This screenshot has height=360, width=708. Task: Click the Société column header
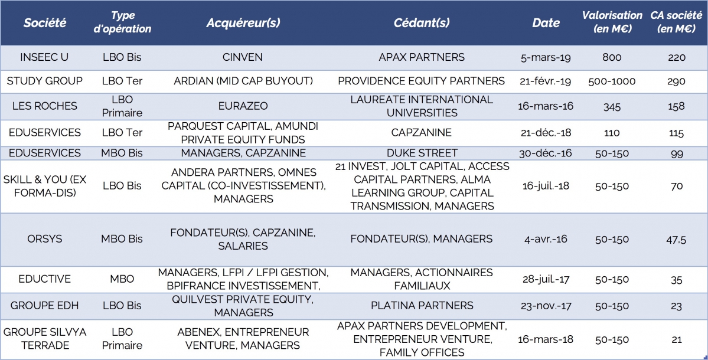click(45, 23)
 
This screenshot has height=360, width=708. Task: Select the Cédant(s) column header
click(421, 23)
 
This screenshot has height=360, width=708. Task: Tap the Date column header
click(546, 23)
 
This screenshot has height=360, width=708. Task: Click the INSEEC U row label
click(44, 57)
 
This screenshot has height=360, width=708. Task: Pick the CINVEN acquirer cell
click(243, 57)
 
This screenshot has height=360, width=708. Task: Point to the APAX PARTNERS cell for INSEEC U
click(421, 57)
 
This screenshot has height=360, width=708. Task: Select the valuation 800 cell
click(612, 57)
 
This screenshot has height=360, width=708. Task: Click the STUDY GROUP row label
click(44, 81)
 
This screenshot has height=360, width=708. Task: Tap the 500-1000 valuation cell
click(612, 81)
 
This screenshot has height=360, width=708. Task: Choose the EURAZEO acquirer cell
click(243, 106)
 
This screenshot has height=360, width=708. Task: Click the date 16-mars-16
click(546, 106)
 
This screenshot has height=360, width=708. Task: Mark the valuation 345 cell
click(612, 106)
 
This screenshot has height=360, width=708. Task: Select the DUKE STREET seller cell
click(421, 153)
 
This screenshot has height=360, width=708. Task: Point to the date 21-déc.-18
click(546, 133)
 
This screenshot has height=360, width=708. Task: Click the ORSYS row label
click(44, 240)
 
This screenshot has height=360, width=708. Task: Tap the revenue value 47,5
click(677, 240)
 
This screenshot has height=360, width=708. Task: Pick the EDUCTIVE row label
click(44, 279)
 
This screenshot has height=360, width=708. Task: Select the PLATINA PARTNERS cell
click(421, 306)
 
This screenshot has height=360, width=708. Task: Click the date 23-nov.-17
click(546, 306)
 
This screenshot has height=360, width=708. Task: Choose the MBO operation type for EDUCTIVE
click(122, 279)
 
